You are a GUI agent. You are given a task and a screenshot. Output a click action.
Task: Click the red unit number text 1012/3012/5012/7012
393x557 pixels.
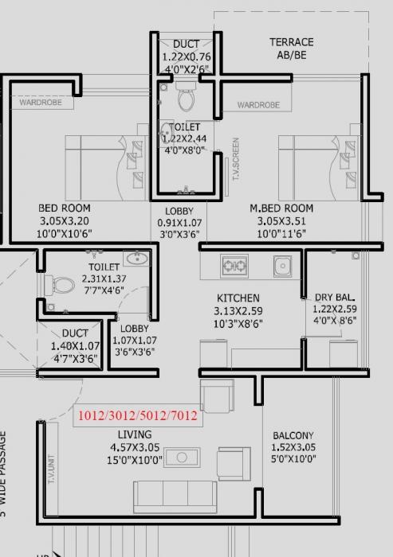point(137,415)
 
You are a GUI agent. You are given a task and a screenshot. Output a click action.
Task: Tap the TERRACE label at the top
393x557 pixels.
point(291,42)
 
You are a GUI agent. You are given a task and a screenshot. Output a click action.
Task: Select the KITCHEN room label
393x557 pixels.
point(239,298)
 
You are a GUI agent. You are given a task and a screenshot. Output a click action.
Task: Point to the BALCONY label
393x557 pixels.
point(293,436)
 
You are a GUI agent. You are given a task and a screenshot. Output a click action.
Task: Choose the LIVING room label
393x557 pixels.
point(135,434)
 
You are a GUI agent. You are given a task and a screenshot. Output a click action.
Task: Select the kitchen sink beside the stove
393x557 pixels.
point(281,265)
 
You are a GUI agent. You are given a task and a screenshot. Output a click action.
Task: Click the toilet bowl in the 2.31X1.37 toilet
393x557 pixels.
point(61,283)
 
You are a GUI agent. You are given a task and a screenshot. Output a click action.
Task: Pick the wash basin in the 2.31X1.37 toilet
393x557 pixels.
point(137,258)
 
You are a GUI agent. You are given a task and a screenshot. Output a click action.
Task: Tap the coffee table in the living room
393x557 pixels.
point(182,458)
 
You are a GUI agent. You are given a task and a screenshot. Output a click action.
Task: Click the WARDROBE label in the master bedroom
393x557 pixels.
point(258,105)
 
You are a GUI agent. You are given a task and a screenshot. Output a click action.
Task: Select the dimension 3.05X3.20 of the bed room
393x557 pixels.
point(64,222)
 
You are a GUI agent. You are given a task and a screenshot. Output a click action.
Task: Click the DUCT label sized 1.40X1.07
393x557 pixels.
point(75,334)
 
